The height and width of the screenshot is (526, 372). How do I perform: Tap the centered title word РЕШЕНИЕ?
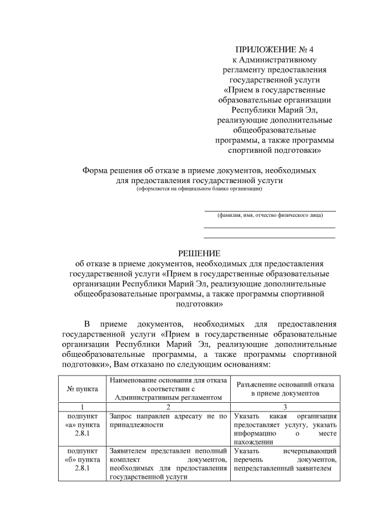199,253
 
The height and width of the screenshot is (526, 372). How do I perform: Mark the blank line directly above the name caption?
270,210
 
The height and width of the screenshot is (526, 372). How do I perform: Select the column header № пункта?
83,387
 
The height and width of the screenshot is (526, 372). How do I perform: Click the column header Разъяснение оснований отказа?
285,388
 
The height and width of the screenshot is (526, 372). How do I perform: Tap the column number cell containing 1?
83,407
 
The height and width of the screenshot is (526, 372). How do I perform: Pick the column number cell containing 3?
285,407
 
